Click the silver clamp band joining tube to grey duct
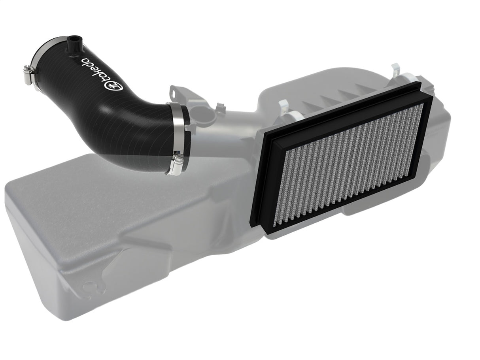[181, 130]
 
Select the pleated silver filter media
[352, 162]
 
